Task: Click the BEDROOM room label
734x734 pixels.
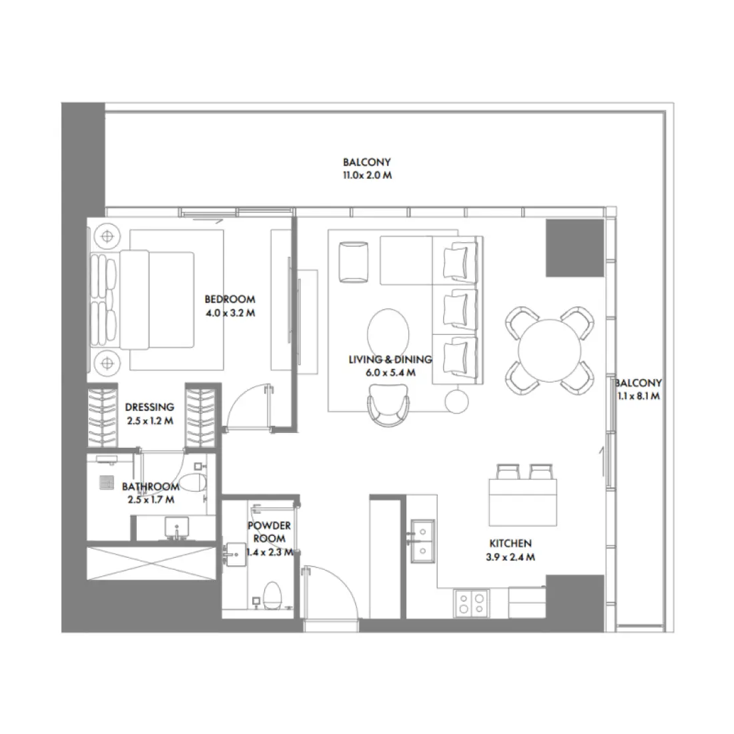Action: click(x=230, y=300)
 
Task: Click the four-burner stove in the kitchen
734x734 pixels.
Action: click(x=470, y=605)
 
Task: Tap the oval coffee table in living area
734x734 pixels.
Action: click(x=390, y=334)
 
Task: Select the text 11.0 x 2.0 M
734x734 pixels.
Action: click(x=366, y=176)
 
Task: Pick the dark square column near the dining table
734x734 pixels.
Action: click(x=573, y=247)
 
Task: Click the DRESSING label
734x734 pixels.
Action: click(x=149, y=407)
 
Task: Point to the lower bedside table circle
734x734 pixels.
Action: click(x=105, y=364)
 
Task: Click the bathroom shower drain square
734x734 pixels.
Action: click(x=107, y=482)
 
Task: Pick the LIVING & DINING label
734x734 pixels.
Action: click(x=390, y=360)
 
